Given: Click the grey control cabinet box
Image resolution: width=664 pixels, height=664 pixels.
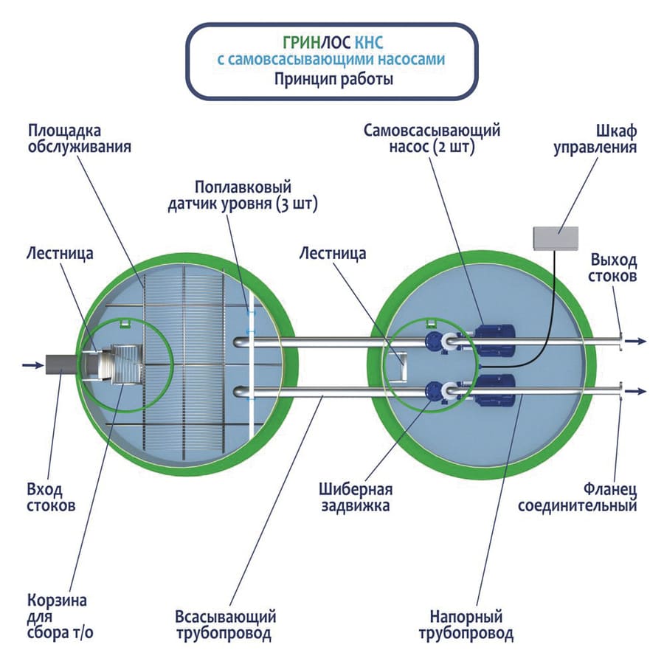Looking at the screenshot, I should pyautogui.click(x=557, y=237).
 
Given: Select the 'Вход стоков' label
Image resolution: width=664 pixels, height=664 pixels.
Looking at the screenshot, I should pyautogui.click(x=51, y=499).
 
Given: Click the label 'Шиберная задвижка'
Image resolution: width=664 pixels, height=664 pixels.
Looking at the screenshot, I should pyautogui.click(x=355, y=498).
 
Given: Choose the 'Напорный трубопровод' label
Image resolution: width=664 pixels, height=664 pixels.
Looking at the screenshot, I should pyautogui.click(x=466, y=625).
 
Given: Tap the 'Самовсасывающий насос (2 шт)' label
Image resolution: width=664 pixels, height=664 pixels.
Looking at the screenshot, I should pyautogui.click(x=432, y=139).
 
